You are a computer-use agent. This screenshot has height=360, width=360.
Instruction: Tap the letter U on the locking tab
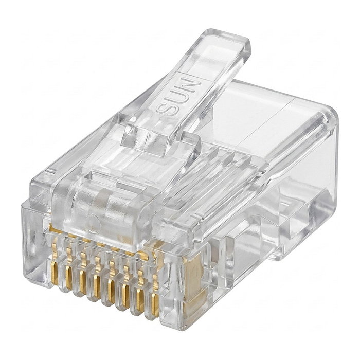(x=177, y=97)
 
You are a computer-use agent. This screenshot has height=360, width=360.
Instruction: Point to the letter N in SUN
(x=190, y=84)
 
